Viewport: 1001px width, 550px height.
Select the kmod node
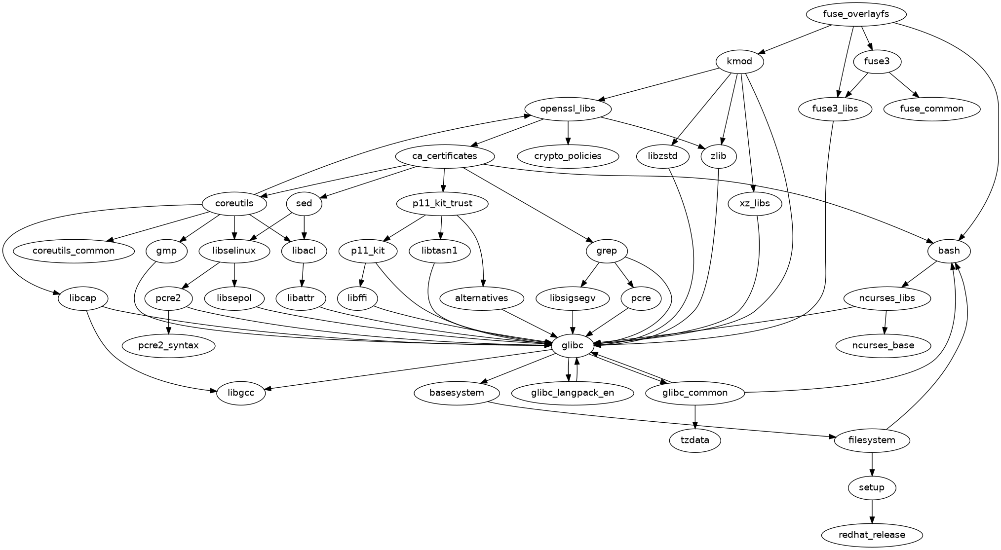point(739,62)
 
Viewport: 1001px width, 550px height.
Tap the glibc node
point(573,345)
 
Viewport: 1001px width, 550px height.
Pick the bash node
point(949,251)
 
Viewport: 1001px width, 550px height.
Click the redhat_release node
point(872,535)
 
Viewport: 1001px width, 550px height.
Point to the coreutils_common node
point(74,251)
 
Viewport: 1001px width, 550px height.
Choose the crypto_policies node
point(568,156)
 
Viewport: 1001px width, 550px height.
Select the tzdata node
point(695,440)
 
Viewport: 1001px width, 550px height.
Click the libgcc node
point(241,393)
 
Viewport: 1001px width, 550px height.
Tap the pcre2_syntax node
point(169,345)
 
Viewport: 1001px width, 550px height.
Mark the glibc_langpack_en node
point(573,393)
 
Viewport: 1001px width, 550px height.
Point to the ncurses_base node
point(883,345)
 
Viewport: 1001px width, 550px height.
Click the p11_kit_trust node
point(442,203)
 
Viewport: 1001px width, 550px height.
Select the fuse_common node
point(931,109)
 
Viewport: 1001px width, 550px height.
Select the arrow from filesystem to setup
point(872,464)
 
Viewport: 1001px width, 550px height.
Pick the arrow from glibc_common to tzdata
point(695,416)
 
